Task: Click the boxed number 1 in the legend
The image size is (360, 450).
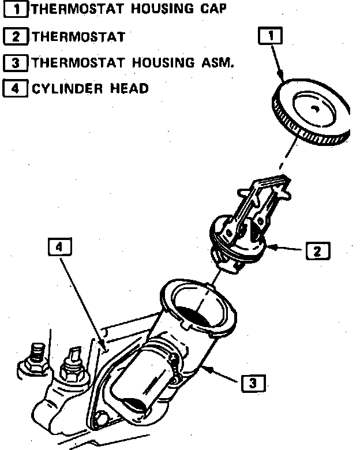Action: (x=16, y=9)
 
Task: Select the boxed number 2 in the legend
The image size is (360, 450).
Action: (x=16, y=37)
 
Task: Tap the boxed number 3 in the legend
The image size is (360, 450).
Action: (x=16, y=62)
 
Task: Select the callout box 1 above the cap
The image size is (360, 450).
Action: (x=271, y=36)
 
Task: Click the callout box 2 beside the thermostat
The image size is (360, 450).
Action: (x=317, y=251)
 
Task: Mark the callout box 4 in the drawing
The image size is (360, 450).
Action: (x=59, y=247)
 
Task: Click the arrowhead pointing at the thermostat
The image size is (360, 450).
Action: (x=271, y=248)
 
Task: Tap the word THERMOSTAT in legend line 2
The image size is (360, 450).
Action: (x=78, y=37)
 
